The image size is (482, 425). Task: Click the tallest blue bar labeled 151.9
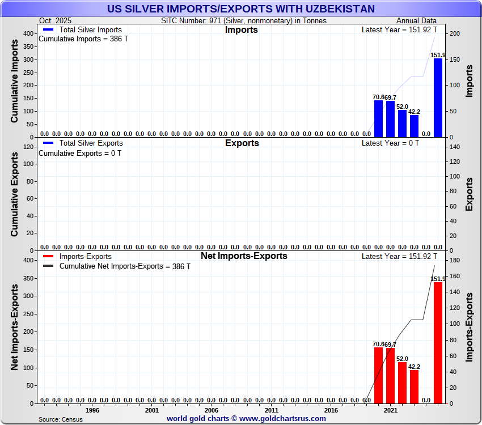(x=438, y=97)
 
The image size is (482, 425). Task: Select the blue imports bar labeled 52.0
(x=402, y=124)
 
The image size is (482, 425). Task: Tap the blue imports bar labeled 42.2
(x=414, y=126)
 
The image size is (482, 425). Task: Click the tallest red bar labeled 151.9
(x=438, y=342)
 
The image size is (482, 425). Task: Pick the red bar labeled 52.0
(x=402, y=382)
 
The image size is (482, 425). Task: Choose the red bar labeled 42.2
(x=414, y=386)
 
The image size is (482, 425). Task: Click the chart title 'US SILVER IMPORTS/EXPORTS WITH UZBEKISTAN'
(x=241, y=8)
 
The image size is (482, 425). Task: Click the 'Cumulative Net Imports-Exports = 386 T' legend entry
(x=125, y=266)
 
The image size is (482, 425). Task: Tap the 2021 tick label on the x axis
(x=390, y=410)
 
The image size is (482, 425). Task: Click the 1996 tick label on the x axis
(x=92, y=410)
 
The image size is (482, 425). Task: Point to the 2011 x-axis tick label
(x=271, y=410)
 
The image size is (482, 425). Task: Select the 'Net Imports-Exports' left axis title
(x=15, y=328)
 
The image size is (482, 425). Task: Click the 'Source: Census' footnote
(x=60, y=419)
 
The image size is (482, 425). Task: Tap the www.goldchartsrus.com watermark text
(x=246, y=419)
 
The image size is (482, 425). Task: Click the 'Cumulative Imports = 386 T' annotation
(x=80, y=40)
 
